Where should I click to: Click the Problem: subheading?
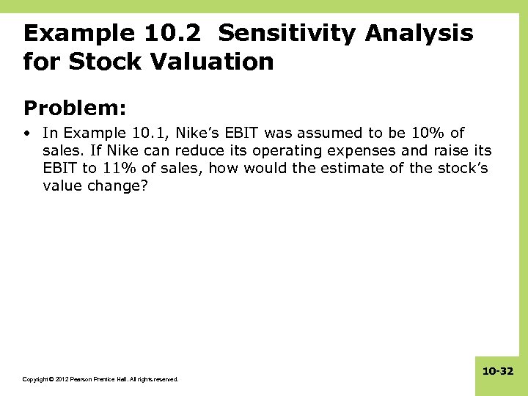click(x=76, y=109)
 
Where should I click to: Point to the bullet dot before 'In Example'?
click(x=27, y=133)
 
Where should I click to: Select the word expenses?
click(x=357, y=150)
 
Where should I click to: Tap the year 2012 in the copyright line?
click(x=54, y=379)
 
